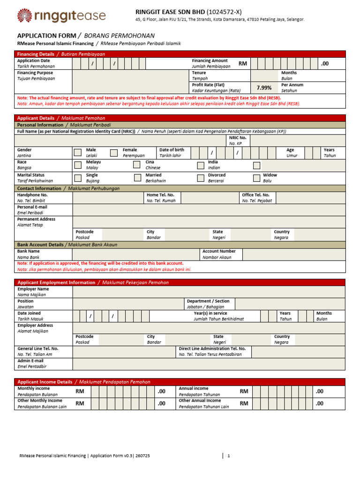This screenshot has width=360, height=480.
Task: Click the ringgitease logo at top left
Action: [x=61, y=15]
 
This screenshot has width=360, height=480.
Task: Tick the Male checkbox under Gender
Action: [x=77, y=152]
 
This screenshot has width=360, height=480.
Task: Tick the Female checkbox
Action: [x=113, y=152]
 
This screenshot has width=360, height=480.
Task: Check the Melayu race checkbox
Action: [x=77, y=165]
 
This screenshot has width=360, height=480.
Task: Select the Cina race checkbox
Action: [x=137, y=165]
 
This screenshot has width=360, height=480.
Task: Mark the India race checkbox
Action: [x=201, y=165]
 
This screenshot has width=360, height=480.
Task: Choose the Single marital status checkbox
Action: [x=77, y=177]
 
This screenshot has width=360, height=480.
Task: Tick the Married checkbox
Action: [x=137, y=177]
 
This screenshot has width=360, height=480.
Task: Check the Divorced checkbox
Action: [x=201, y=177]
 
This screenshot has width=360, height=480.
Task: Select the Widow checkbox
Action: [x=256, y=177]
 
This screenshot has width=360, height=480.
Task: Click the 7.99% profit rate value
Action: [x=264, y=88]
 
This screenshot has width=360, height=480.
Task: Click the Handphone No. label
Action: [x=32, y=195]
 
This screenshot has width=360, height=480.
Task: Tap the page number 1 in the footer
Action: [x=228, y=456]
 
